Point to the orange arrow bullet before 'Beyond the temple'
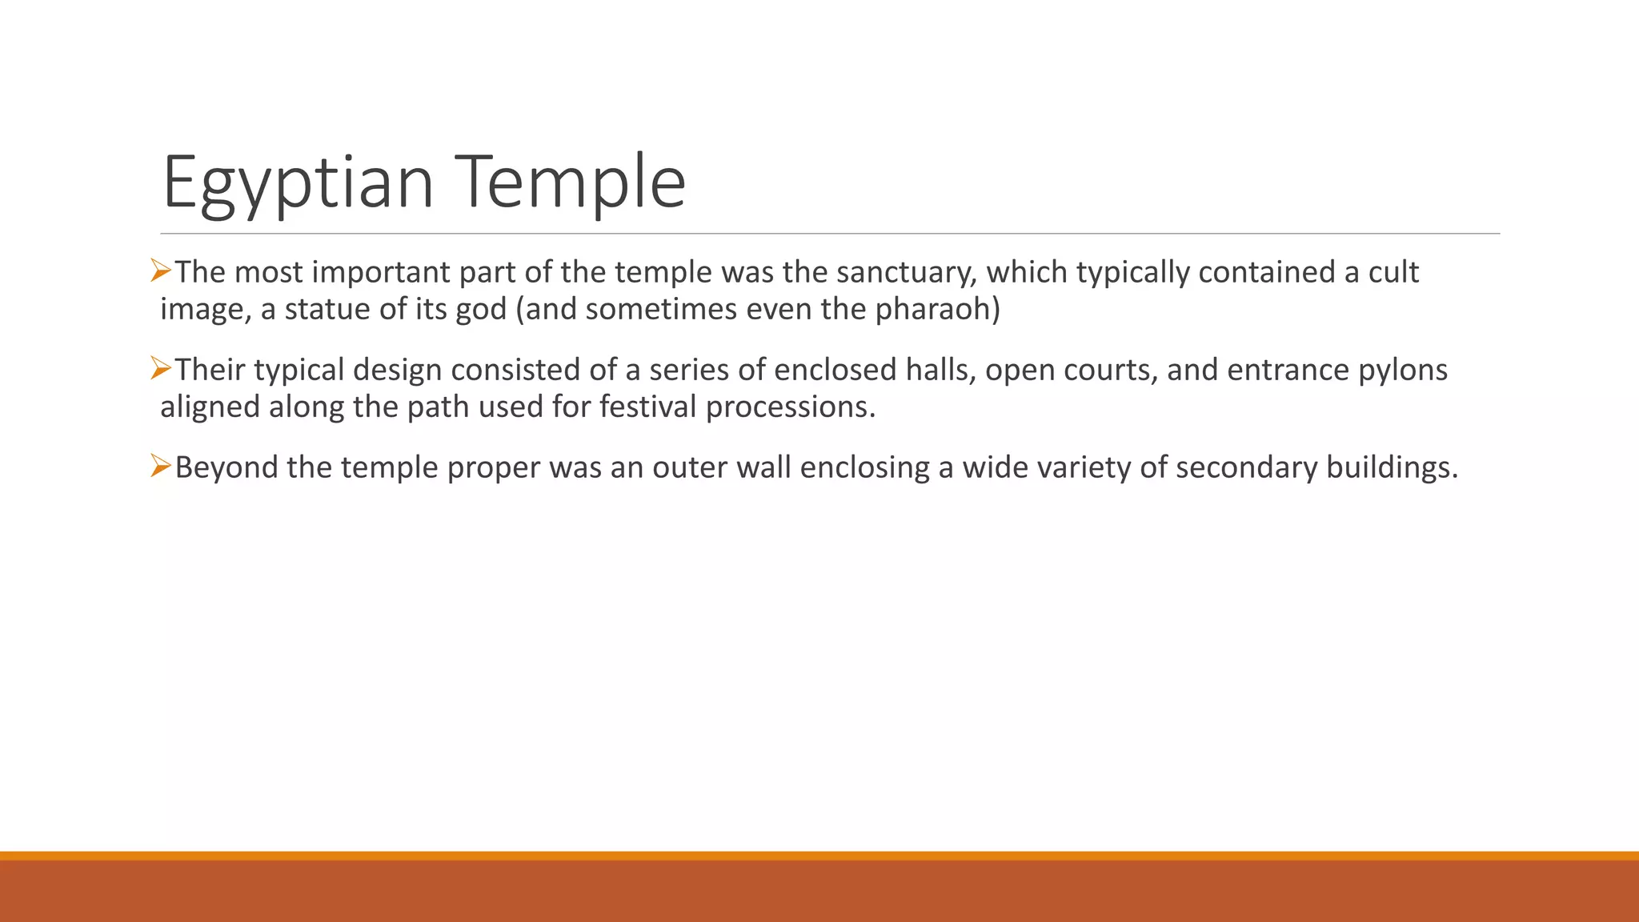pyautogui.click(x=161, y=466)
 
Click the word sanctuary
pyautogui.click(x=906, y=273)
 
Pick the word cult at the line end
pyautogui.click(x=1393, y=273)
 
